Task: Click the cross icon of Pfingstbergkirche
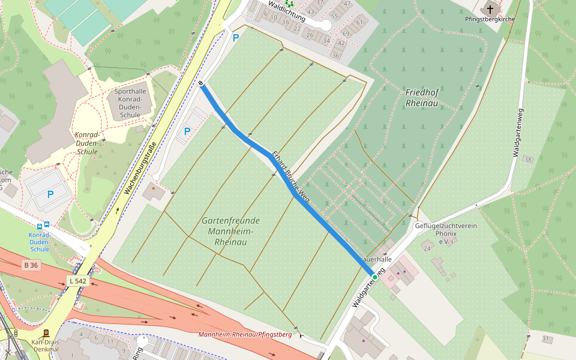[x=490, y=9]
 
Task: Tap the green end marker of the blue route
[x=375, y=277]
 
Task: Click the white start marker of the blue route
[x=200, y=83]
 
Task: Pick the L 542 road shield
[x=79, y=281]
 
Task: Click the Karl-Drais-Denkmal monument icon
[x=46, y=333]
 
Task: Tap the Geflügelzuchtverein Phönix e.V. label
[x=445, y=233]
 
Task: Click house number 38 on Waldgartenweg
[x=527, y=159]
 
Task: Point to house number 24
[x=427, y=248]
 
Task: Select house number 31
[x=545, y=339]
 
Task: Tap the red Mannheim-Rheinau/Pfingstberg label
[x=245, y=334]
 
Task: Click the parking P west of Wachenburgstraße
[x=50, y=194]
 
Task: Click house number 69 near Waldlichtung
[x=346, y=34]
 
